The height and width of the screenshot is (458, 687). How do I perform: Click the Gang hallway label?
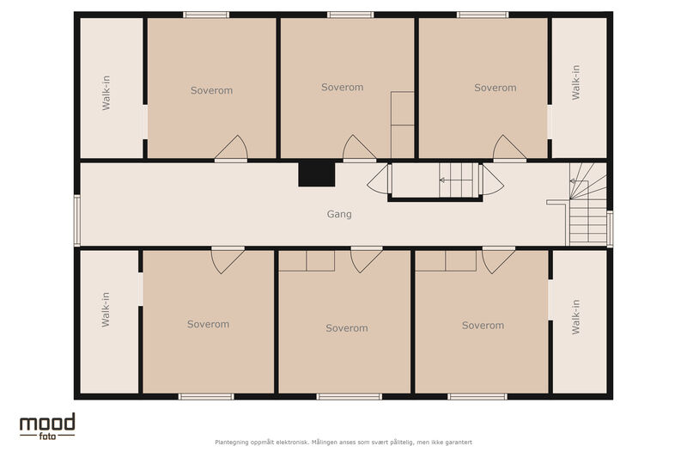click(x=339, y=214)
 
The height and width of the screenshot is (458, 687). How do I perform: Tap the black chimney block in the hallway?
click(x=317, y=174)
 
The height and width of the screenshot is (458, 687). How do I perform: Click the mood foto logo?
click(x=47, y=426)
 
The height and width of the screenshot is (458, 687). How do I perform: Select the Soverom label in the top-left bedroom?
click(x=211, y=90)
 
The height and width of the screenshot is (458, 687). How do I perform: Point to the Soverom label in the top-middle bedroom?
click(x=342, y=87)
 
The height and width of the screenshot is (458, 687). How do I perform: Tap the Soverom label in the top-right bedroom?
click(x=495, y=88)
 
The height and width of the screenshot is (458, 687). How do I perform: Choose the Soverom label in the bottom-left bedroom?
click(x=208, y=324)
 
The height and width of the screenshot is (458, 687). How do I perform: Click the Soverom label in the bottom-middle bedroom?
click(x=347, y=328)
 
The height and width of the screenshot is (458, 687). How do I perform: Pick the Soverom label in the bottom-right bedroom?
click(x=483, y=325)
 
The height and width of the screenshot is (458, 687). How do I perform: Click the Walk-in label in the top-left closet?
click(x=106, y=93)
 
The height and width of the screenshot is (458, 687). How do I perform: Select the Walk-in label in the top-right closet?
click(x=575, y=82)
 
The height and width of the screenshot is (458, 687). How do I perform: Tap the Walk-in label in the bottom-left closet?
click(x=106, y=309)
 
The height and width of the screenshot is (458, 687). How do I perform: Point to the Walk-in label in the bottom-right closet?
click(x=575, y=317)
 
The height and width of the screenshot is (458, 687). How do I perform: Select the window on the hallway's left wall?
click(x=76, y=221)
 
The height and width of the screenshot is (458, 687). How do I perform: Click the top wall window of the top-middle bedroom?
click(x=350, y=15)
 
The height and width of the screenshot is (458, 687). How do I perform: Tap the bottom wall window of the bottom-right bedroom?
click(x=477, y=397)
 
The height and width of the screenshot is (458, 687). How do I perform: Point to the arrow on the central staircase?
click(x=456, y=180)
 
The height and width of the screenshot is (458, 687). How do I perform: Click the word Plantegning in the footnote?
click(x=231, y=443)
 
